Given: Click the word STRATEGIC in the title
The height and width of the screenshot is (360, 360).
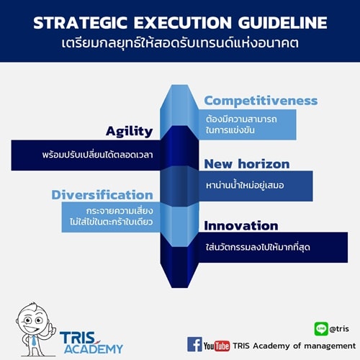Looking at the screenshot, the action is [80, 23].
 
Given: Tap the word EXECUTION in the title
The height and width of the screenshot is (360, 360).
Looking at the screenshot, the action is [183, 23].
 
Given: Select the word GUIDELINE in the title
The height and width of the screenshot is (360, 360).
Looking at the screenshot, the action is [282, 23].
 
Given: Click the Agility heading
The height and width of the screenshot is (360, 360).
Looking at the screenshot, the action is [129, 132].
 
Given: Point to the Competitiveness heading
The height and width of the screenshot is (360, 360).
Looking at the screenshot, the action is [261, 101].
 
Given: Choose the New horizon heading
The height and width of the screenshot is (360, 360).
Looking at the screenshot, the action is [247, 164].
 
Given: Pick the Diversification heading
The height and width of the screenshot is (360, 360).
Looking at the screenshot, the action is [102, 194].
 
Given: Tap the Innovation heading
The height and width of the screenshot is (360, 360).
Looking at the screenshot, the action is [241, 226].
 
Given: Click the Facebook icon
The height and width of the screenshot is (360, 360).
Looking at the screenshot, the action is [194, 344].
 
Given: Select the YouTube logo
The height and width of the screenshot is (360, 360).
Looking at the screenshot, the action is [217, 346].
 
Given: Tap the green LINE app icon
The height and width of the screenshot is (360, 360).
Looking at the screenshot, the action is [321, 328].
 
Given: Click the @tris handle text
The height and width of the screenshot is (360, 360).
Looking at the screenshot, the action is [339, 328].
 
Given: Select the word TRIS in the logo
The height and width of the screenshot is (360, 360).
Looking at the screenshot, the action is [78, 338].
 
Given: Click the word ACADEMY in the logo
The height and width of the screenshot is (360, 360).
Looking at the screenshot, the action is [94, 348].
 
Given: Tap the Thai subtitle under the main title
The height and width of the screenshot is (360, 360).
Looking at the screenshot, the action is [180, 43].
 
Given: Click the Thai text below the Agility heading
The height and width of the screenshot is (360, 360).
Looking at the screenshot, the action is [97, 155].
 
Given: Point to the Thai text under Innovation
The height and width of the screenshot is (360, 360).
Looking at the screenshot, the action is [258, 247].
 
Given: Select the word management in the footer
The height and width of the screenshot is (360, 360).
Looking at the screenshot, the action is [330, 346].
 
